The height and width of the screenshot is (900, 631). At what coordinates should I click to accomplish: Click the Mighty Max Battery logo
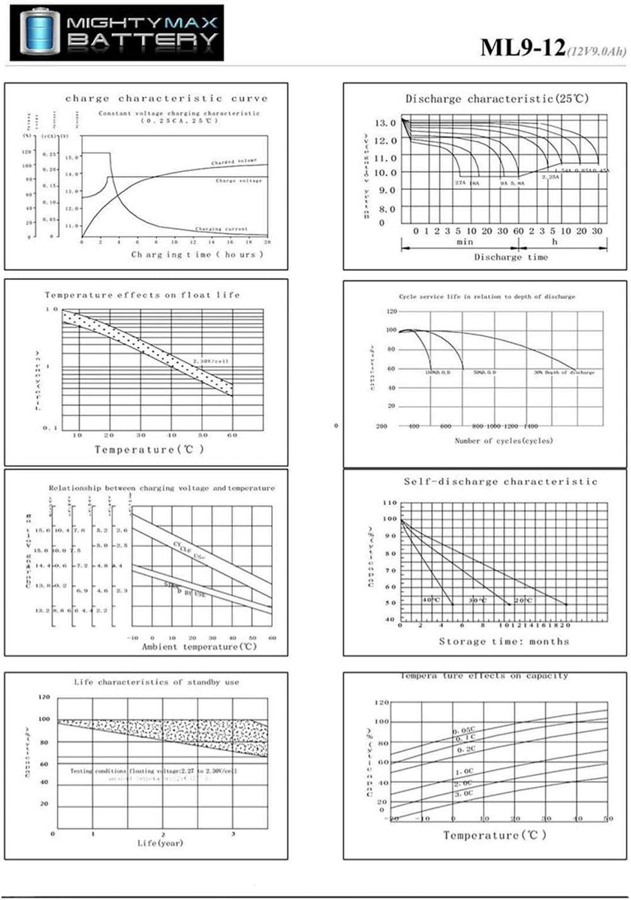point(117,33)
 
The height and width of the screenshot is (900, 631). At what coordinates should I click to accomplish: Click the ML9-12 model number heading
point(522,48)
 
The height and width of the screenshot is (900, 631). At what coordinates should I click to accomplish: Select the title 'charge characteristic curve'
point(166,98)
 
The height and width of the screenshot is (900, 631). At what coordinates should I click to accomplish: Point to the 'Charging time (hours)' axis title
point(197,254)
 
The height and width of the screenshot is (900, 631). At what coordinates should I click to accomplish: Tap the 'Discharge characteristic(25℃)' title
point(497,99)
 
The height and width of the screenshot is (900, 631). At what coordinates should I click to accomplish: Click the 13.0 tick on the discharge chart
point(385,123)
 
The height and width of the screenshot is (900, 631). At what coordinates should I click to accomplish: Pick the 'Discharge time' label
point(511,257)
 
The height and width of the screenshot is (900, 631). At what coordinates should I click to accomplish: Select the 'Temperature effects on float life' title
point(142,295)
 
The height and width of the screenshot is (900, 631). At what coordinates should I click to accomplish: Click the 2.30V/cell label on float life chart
point(211,361)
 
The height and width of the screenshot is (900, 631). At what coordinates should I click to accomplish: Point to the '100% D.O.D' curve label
point(437,373)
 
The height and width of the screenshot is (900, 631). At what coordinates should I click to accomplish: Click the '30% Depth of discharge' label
point(564,373)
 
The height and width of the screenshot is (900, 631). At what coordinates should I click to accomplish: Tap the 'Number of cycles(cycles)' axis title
point(503,441)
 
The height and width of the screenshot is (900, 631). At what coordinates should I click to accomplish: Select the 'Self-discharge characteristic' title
point(500,481)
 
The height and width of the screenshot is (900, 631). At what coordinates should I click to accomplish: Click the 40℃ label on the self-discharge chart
point(431,600)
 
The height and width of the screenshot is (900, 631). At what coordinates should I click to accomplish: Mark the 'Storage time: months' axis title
point(503,641)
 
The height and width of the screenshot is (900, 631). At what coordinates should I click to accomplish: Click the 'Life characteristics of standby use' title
point(156,682)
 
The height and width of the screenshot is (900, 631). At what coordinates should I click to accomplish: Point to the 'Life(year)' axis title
point(160,843)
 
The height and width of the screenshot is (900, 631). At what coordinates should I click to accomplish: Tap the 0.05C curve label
point(464,730)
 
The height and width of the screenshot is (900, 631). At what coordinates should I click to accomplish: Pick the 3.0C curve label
point(464,794)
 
